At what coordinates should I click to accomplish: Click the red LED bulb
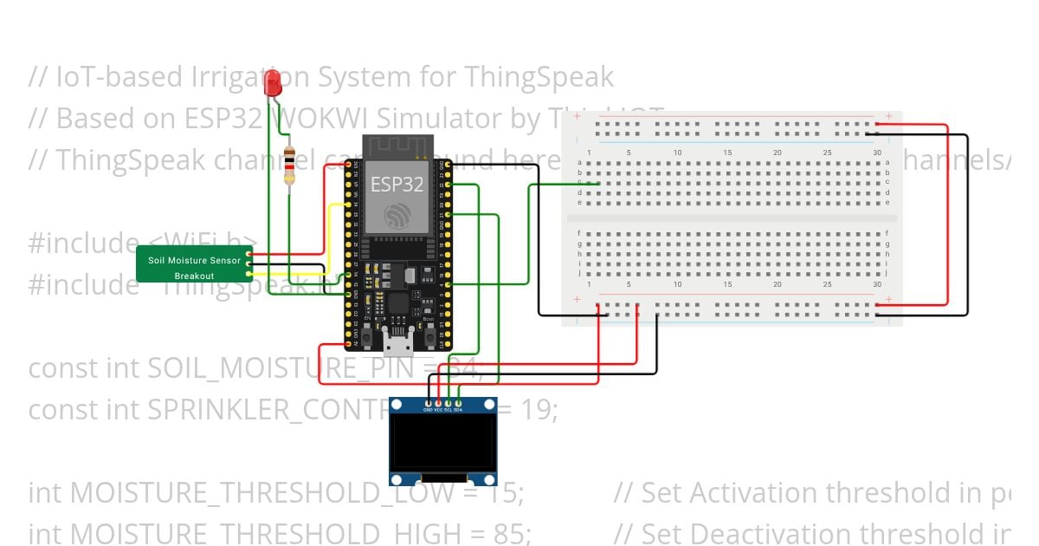[x=274, y=83]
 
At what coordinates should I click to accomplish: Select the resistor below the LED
[x=289, y=166]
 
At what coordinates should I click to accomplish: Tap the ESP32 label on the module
[x=397, y=184]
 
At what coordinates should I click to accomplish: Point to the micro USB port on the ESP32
[x=398, y=345]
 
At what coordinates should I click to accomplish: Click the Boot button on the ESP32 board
[x=428, y=330]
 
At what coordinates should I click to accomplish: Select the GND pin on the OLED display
[x=428, y=403]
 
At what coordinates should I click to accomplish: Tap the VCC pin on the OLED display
[x=438, y=403]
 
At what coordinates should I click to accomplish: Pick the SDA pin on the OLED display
[x=459, y=403]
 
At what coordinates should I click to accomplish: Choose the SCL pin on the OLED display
[x=449, y=403]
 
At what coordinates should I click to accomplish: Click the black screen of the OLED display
[x=443, y=444]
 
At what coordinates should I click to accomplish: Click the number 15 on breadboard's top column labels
[x=728, y=153]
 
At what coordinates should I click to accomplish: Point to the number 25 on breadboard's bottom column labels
[x=828, y=284]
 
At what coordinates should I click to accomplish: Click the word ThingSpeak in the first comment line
[x=539, y=77]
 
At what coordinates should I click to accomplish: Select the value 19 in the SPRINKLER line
[x=539, y=408]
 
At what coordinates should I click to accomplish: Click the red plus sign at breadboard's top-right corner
[x=888, y=116]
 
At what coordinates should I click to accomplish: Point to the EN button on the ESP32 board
[x=367, y=330]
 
